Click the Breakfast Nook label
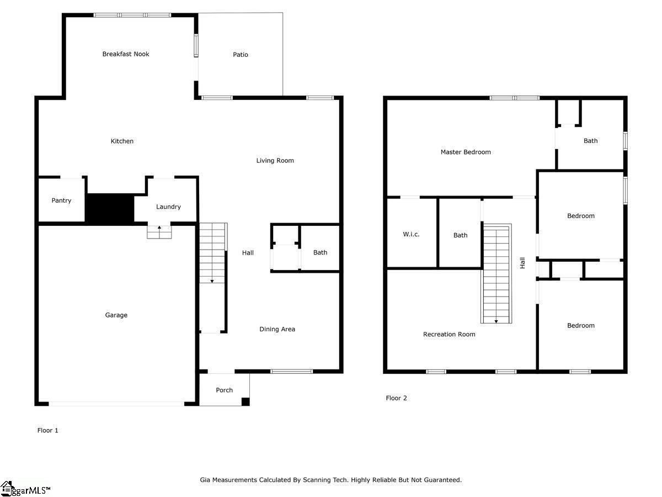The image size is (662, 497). click(126, 54)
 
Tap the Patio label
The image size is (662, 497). click(241, 55)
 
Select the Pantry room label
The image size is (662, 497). click(61, 200)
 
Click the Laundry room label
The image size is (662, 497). click(168, 207)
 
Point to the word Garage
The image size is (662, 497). click(116, 315)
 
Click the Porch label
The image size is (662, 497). click(224, 390)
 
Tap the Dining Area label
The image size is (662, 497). click(277, 329)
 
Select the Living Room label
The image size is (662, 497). click(275, 161)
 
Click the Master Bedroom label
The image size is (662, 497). click(466, 152)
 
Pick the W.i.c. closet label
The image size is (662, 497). click(411, 234)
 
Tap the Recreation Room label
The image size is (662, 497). click(449, 334)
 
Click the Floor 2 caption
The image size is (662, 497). click(396, 398)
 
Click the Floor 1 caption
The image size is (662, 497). click(47, 430)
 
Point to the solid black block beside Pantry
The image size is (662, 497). click(110, 209)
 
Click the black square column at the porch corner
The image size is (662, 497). click(245, 401)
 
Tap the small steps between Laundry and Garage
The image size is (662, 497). click(159, 232)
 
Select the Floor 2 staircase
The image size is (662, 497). click(496, 273)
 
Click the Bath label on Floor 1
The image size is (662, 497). click(320, 252)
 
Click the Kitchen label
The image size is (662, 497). click(122, 141)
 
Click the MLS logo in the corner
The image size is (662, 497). click(25, 489)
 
